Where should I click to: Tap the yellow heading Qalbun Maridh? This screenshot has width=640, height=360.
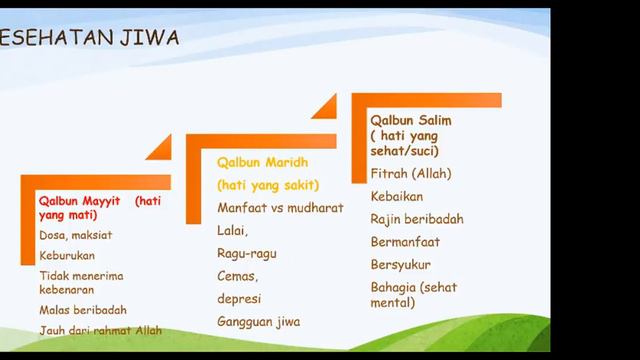tap(262, 162)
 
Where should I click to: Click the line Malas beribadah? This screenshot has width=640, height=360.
tap(83, 310)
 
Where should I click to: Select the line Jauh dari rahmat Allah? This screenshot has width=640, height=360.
tap(100, 330)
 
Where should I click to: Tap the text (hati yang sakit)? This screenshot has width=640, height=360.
tap(268, 185)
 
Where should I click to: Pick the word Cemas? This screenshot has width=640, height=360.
tap(237, 276)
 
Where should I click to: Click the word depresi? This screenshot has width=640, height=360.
tap(240, 298)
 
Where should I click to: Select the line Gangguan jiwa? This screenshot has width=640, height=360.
tap(258, 321)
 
